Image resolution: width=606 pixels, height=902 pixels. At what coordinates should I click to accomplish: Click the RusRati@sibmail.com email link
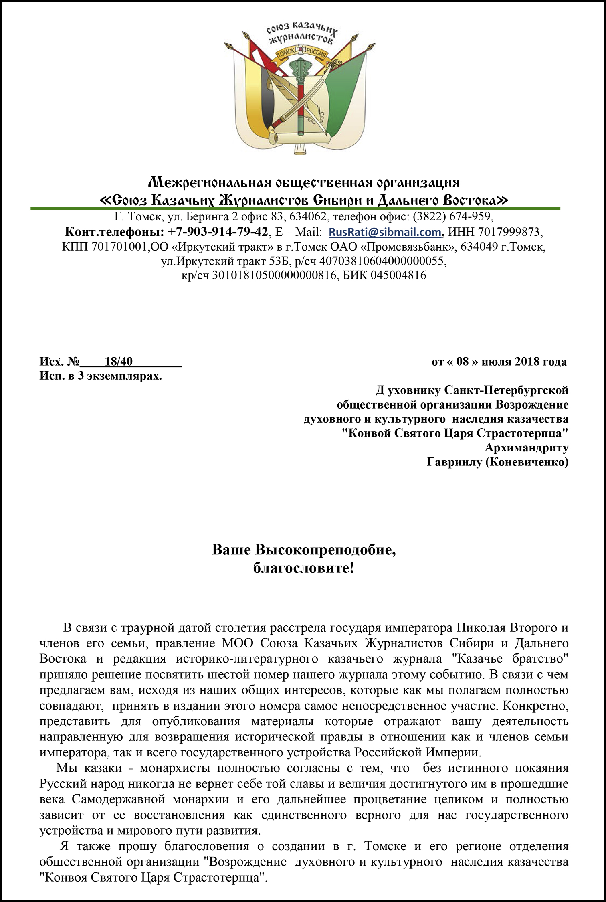tap(385, 232)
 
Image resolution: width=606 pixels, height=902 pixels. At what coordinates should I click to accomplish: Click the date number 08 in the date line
tap(462, 362)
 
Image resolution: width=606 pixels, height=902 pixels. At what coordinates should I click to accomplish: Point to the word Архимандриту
tap(526, 447)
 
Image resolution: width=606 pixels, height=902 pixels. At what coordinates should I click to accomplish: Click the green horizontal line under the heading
tap(295, 208)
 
